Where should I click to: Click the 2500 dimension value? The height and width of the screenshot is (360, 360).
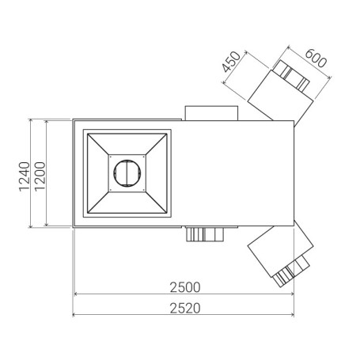[x=185, y=287]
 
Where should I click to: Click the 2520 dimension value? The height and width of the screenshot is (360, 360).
[x=185, y=308]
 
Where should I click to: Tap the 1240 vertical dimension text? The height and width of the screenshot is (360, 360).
[x=25, y=176]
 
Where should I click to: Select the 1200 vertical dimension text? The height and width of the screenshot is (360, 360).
[x=40, y=176]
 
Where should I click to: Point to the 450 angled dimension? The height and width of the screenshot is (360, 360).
[x=231, y=62]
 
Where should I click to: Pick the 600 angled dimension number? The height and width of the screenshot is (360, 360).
[x=316, y=58]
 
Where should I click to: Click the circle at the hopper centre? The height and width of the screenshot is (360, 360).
[x=127, y=173]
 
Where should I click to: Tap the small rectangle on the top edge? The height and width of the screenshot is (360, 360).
[x=211, y=113]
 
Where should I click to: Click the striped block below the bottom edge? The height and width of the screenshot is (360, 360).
[x=205, y=234]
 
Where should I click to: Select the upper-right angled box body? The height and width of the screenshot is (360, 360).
[x=280, y=97]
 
